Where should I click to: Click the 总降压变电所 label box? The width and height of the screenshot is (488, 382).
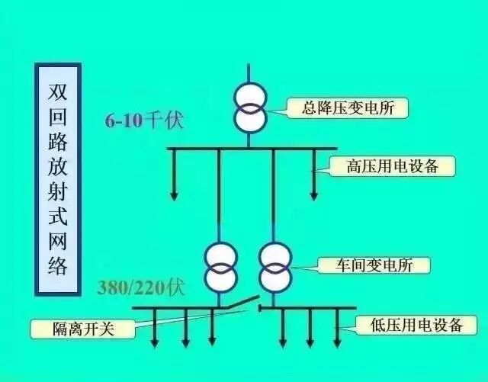348,108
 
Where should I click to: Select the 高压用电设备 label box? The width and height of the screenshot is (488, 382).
392,165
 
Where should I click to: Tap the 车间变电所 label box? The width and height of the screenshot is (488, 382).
373,265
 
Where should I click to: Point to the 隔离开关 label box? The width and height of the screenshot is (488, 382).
82,329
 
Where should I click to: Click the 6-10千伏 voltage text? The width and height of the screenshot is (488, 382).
145,120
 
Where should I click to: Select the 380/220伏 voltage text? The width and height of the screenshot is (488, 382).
140,289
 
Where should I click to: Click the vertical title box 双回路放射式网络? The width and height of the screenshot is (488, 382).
58,178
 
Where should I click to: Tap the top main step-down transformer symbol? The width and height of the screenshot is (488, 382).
249,108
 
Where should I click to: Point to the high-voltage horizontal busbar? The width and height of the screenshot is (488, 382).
252,148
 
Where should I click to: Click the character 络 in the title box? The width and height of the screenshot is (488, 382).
58,266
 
